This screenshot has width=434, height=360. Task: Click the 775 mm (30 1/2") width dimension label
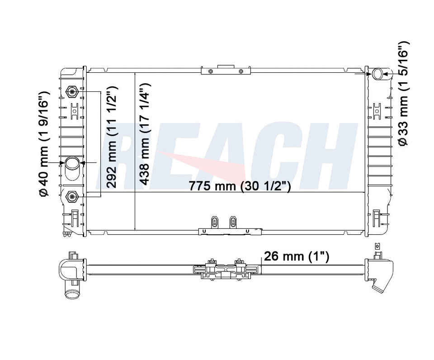click(240, 186)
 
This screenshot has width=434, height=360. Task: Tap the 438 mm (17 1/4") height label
click(145, 133)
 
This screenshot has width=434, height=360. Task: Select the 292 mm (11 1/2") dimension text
click(112, 137)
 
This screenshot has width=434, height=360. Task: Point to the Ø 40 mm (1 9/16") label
click(45, 144)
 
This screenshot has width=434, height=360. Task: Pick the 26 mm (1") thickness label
click(297, 256)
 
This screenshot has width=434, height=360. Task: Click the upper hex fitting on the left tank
click(72, 91)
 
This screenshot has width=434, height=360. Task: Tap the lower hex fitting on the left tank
click(72, 196)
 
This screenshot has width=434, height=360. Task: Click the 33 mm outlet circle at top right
click(377, 74)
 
